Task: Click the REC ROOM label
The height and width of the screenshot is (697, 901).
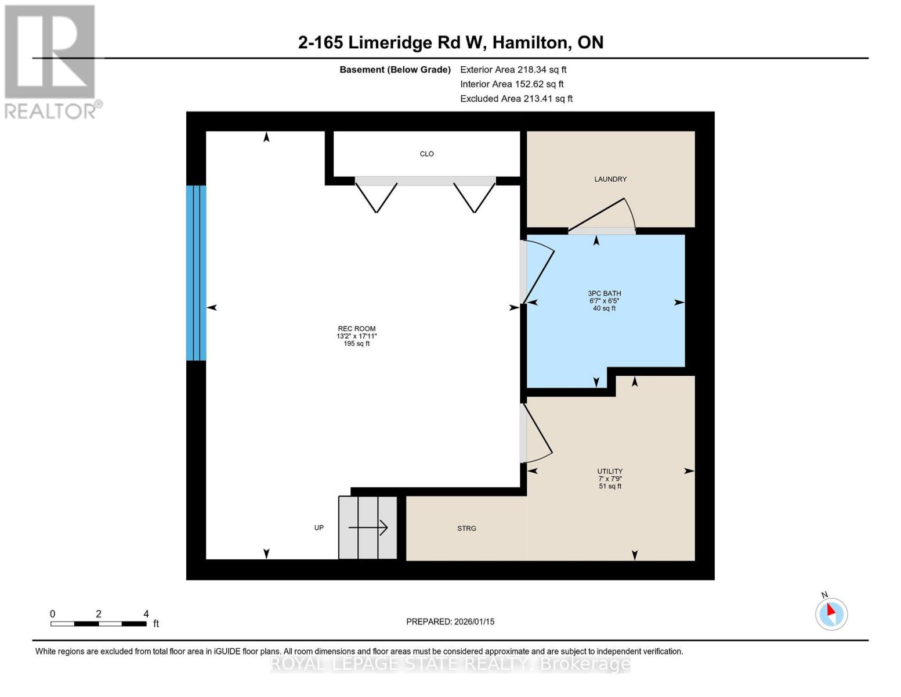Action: point(356,329)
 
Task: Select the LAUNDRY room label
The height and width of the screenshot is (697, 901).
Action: point(610,179)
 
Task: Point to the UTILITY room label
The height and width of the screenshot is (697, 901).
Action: point(610,471)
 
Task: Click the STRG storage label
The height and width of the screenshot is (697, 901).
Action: point(466,528)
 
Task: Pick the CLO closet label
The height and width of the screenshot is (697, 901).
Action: point(426,154)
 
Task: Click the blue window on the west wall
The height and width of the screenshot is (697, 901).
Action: point(196,273)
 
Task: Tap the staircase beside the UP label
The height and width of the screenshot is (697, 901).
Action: point(368,527)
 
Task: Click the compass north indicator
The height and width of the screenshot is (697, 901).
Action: point(831,613)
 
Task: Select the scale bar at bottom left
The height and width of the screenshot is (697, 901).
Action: point(99,623)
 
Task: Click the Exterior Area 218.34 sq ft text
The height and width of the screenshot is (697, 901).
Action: point(513,70)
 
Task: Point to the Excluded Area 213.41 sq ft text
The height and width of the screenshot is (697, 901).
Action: point(516,99)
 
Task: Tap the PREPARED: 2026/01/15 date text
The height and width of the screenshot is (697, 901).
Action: point(450,621)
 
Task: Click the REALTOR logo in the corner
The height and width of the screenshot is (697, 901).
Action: point(51,61)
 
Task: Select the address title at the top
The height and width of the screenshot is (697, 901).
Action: point(450,42)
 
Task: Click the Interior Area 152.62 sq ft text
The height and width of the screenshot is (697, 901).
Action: point(512,84)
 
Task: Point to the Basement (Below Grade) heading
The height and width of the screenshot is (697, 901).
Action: point(395,70)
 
